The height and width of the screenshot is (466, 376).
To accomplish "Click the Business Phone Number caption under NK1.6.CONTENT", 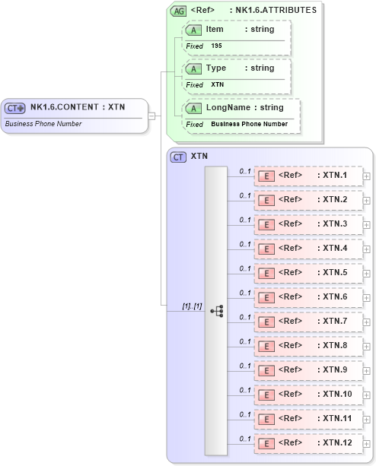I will point(43,123).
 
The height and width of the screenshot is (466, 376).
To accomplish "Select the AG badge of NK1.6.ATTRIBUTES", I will point(178,11).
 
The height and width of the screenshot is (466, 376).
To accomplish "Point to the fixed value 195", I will point(217,46).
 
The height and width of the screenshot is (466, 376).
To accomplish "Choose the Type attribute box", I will point(235,68).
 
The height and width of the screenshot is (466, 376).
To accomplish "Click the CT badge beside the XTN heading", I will point(179,157).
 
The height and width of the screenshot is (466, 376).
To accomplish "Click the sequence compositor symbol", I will point(216,310).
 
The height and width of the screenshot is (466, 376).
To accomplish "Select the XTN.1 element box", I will point(307,176).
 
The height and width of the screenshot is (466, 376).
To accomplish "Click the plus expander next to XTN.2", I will point(367,201).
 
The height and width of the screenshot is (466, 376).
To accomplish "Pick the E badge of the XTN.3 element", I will point(266,224).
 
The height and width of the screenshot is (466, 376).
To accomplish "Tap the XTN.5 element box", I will point(307,273).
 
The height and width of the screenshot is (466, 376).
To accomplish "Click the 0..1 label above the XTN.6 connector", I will point(245,293).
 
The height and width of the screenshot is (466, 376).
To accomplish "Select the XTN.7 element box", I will point(307,322).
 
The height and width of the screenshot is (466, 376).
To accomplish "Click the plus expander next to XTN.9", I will point(367,371).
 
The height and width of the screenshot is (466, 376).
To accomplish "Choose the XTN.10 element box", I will point(307,395).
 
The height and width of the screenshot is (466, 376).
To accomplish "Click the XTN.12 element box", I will point(307,443).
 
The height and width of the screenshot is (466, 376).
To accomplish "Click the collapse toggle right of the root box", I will point(152,116).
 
